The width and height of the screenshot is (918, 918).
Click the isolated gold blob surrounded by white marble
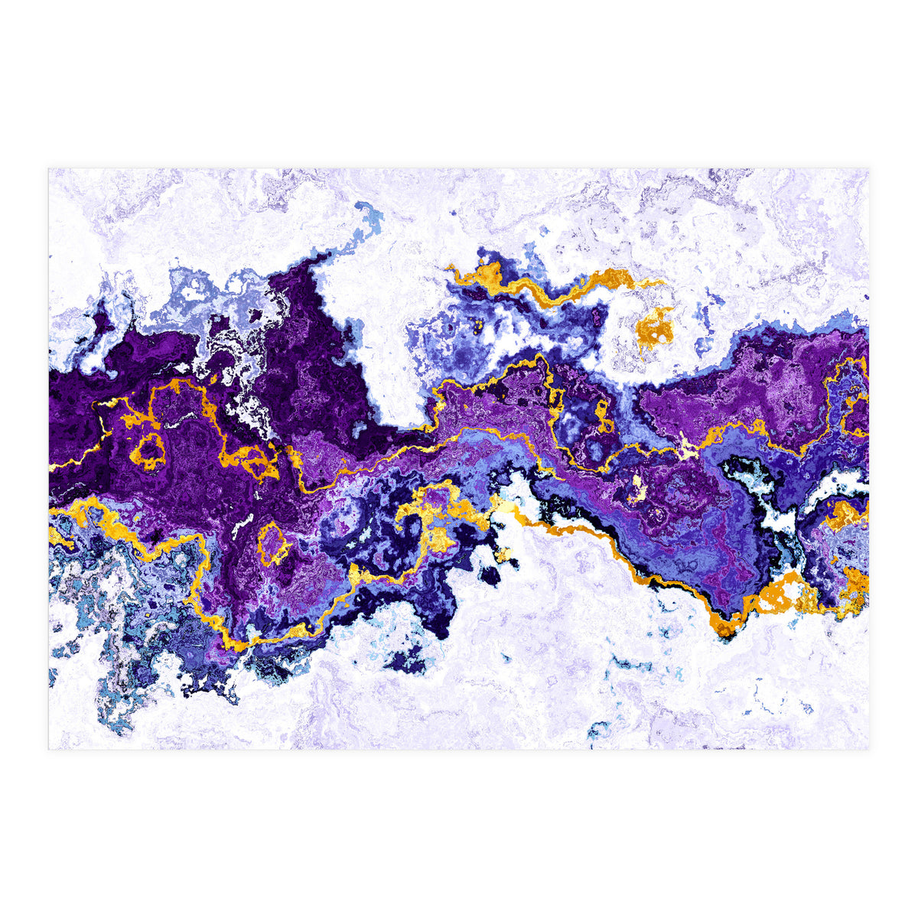point(655,328)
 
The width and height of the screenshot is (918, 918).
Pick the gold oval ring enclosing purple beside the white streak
point(272,542)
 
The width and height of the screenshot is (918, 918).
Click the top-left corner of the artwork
point(49,169)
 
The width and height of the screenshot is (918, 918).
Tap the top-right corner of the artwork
point(868,169)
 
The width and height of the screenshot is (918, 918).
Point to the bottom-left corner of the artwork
point(49,749)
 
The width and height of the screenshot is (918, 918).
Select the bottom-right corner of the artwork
point(868,749)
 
